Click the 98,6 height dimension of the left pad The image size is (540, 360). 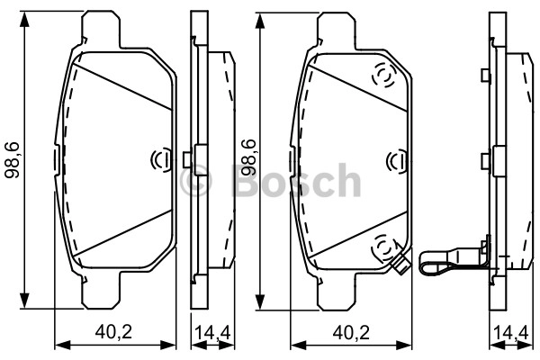(13, 160)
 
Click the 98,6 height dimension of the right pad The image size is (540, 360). (248, 158)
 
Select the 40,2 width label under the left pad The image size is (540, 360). (113, 332)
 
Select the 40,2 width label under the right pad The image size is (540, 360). (351, 333)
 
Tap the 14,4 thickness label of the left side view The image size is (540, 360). (212, 332)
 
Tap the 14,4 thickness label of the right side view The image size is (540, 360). (510, 333)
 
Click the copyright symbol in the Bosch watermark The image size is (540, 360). (195, 180)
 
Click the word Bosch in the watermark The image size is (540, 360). (296, 180)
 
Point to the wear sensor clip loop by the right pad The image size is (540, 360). (435, 264)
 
